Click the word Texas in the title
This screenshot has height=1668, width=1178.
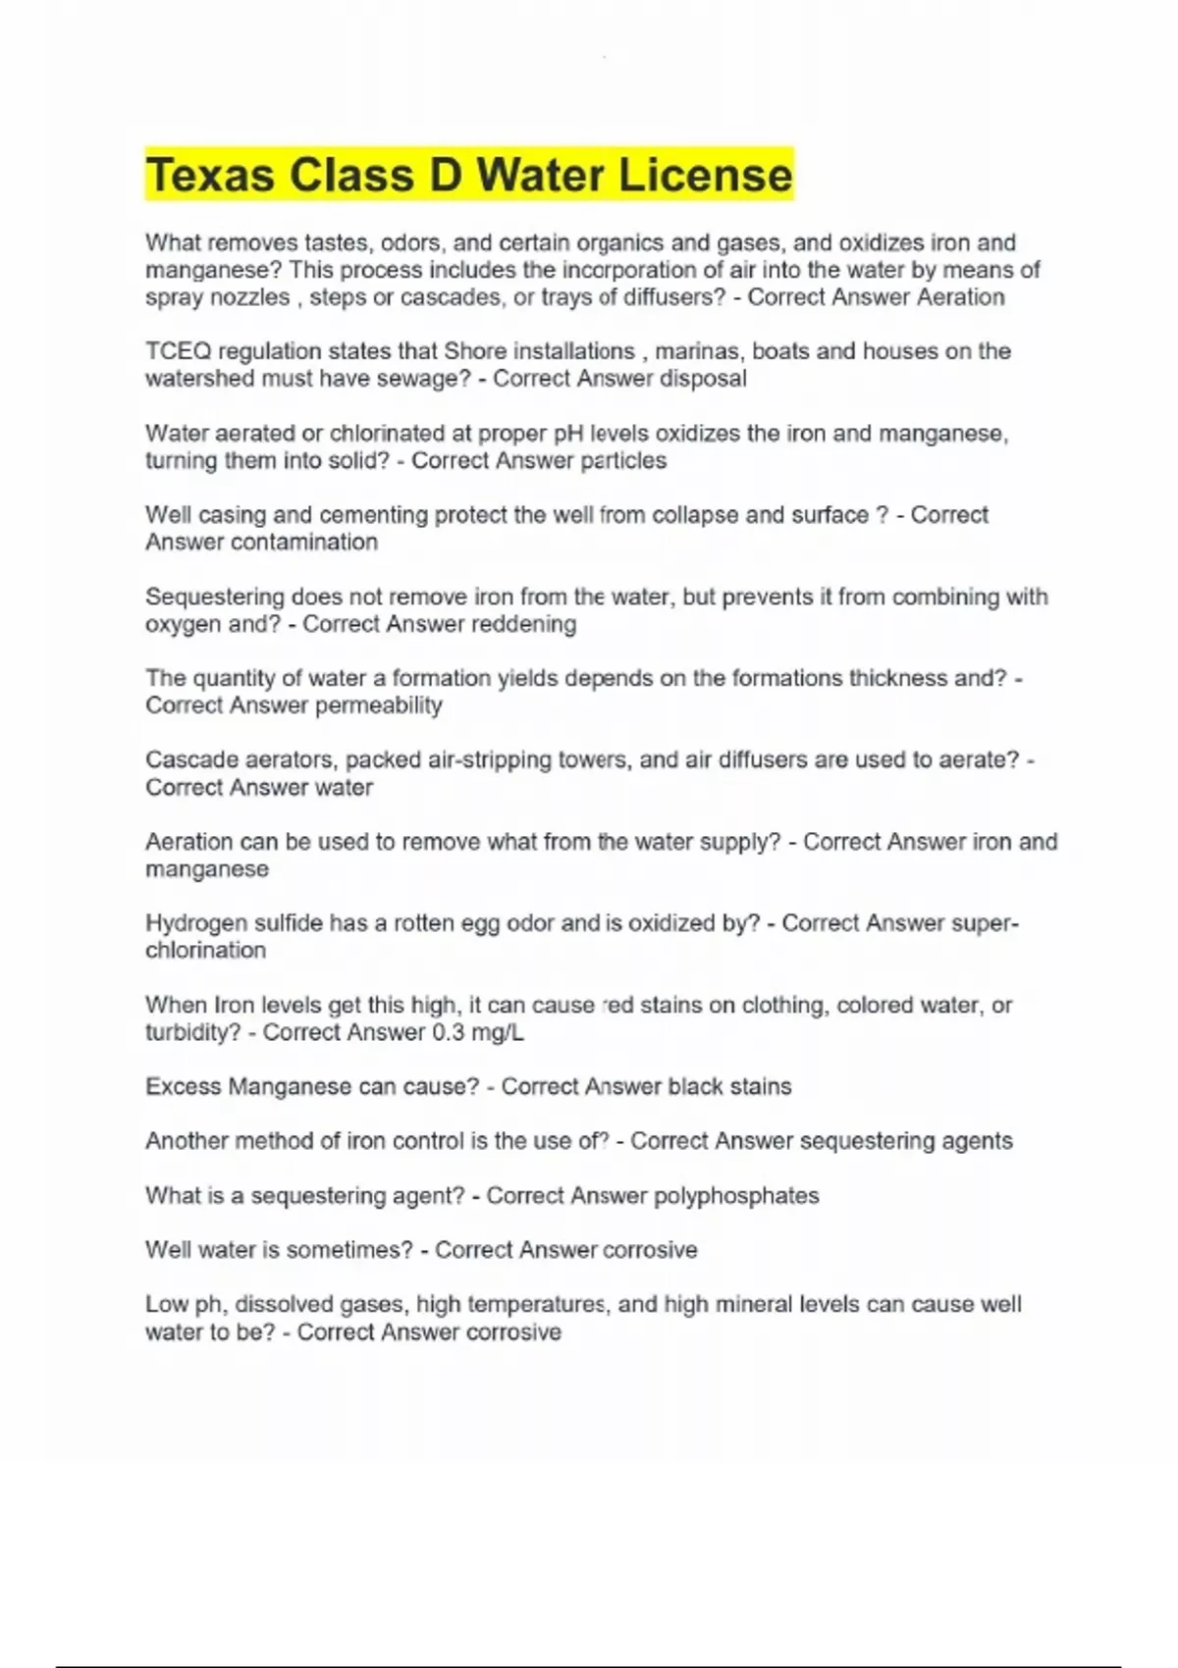coord(211,176)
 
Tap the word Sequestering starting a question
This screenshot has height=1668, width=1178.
coord(215,597)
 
